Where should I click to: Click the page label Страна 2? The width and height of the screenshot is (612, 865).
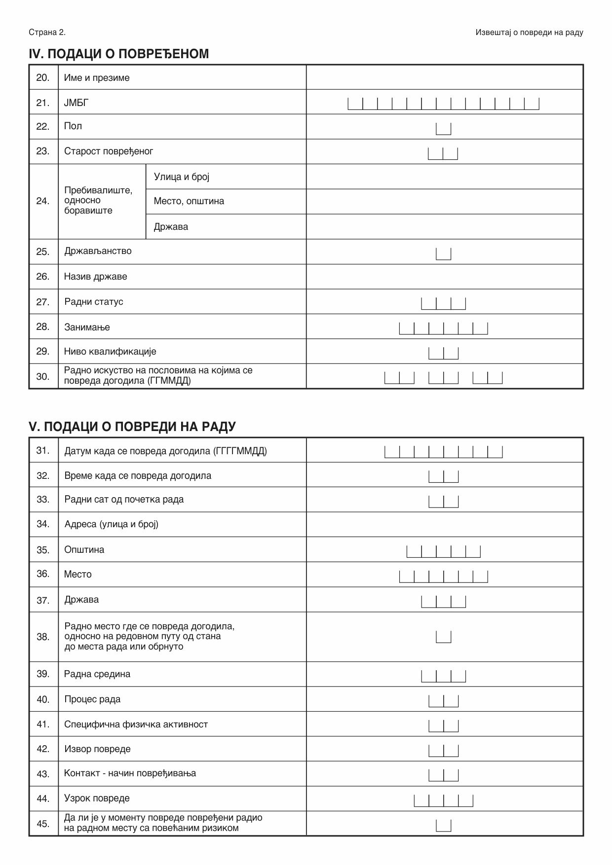(x=47, y=33)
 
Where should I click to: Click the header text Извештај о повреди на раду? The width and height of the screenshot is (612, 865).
(x=529, y=33)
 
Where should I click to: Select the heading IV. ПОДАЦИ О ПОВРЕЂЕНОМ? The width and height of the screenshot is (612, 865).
(x=118, y=54)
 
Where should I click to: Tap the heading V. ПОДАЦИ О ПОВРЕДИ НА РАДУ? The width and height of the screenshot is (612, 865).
(x=132, y=427)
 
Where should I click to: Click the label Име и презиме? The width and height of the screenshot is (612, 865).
(x=97, y=78)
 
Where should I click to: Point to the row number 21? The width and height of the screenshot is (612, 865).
(x=43, y=103)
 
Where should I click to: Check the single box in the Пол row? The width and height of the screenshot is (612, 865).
(x=443, y=128)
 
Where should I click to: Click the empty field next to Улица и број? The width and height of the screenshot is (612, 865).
(x=444, y=177)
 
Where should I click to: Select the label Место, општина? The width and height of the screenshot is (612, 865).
(x=189, y=201)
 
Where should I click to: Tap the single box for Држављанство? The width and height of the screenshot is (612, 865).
(x=443, y=253)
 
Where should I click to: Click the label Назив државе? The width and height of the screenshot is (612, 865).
(x=95, y=277)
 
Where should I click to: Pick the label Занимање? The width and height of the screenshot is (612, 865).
(x=87, y=327)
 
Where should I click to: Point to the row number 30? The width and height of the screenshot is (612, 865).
(x=43, y=377)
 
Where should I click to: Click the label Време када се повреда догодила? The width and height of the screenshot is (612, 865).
(x=138, y=476)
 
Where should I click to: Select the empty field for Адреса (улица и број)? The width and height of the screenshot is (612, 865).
(x=444, y=524)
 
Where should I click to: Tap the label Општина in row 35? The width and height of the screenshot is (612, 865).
(x=84, y=550)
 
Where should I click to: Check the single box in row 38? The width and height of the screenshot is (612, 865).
(x=443, y=637)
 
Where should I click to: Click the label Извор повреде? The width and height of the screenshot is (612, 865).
(x=97, y=749)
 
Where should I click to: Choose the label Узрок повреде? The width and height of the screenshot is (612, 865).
(x=97, y=798)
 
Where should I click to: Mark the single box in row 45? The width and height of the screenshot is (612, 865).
(x=443, y=825)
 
